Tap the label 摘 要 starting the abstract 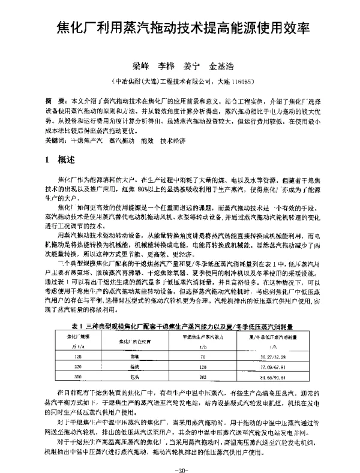coord(56,98)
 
